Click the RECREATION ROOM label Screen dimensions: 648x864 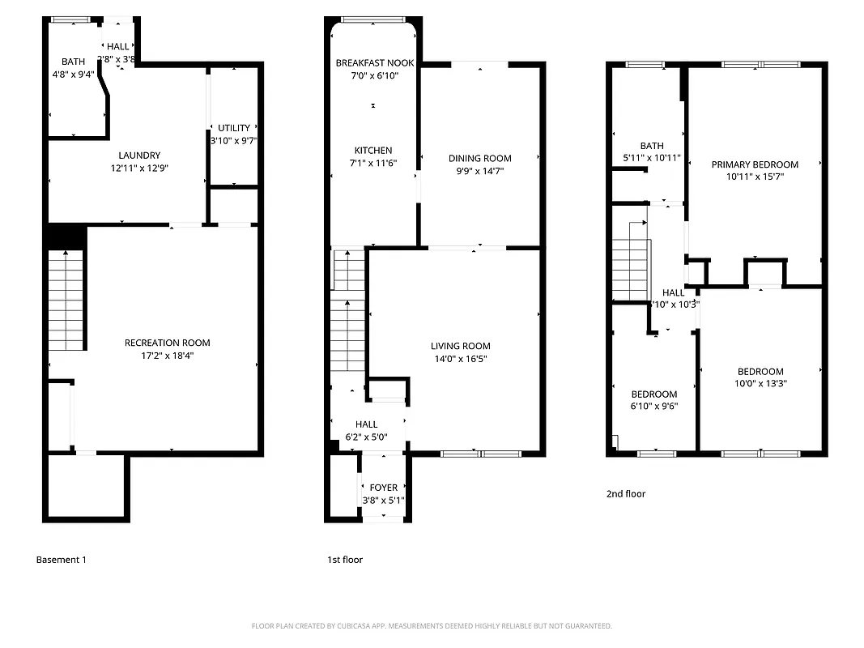coord(167,343)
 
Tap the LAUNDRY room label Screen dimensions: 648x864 coord(139,156)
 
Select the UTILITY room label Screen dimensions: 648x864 coord(233,128)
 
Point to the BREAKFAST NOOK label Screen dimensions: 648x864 coord(374,63)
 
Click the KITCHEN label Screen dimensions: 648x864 coord(373,151)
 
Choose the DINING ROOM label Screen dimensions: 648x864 coord(480,159)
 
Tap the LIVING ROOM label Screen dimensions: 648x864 coord(461,347)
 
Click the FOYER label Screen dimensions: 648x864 coord(384,488)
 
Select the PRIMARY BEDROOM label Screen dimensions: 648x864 coord(755,164)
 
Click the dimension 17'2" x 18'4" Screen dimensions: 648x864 coord(167,355)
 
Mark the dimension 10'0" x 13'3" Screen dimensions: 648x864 coord(760,384)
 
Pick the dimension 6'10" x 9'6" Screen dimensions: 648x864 coord(653,407)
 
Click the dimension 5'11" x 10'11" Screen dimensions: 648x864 coord(652,158)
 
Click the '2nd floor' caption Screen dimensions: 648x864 coord(626,493)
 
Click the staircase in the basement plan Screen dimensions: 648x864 coord(66,300)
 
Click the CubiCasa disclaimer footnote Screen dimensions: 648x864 coord(432,626)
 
